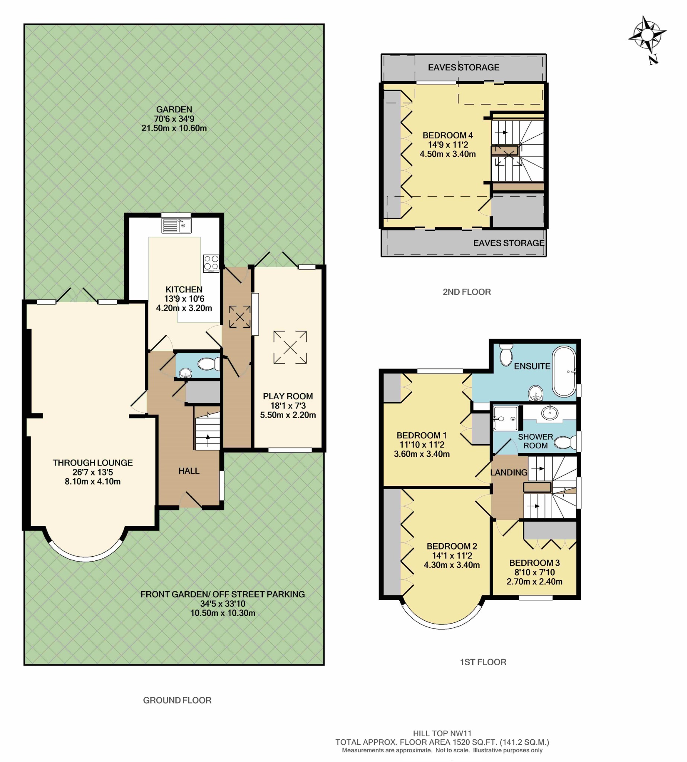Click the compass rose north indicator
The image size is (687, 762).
tap(647, 39)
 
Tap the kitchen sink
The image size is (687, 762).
tap(176, 226)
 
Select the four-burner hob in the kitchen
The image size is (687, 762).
tap(211, 263)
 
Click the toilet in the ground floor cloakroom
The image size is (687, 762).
tap(209, 364)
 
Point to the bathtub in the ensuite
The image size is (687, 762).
tap(564, 371)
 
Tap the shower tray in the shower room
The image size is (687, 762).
tap(506, 418)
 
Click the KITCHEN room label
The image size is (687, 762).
tap(184, 289)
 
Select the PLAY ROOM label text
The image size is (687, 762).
tap(288, 396)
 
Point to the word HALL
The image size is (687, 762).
tap(189, 471)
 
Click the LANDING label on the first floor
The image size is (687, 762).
tap(508, 472)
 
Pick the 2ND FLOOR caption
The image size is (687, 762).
tap(467, 292)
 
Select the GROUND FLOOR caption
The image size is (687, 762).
tap(177, 700)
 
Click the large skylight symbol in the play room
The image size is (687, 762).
tap(290, 347)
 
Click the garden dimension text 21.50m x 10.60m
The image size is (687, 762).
tap(174, 128)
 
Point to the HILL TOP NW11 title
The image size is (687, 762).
tap(442, 733)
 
